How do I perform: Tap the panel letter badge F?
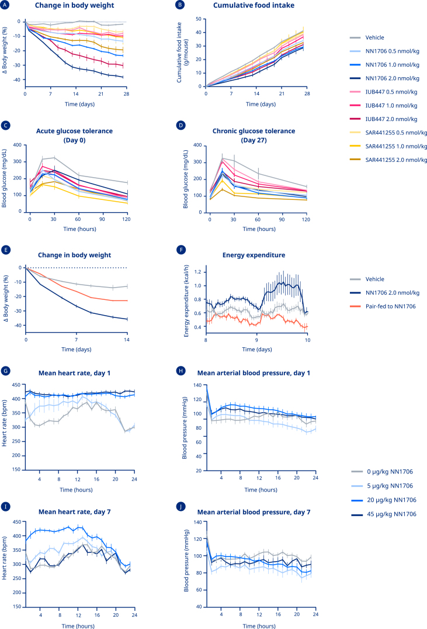180,256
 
